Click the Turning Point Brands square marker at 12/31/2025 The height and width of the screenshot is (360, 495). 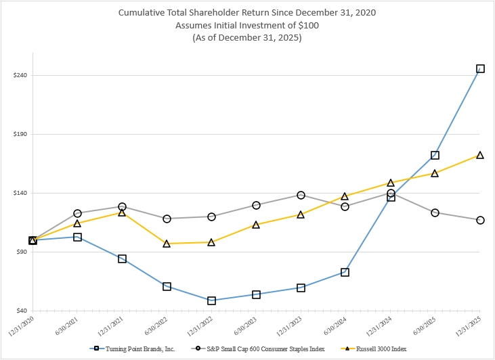coord(480,68)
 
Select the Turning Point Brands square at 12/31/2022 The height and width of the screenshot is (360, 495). coord(211,300)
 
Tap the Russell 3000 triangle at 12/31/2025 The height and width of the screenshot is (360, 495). coord(480,155)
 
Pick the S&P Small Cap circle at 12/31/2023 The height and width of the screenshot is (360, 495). coord(301,195)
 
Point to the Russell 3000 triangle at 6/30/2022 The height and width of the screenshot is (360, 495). coord(167,243)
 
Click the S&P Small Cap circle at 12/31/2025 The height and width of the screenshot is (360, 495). coord(480,220)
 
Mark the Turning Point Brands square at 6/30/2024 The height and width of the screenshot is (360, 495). coord(345,272)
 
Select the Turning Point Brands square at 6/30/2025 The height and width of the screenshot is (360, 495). coord(435,155)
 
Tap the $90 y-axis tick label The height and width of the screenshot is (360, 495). coord(20,252)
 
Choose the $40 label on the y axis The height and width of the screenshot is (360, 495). coord(20,311)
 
